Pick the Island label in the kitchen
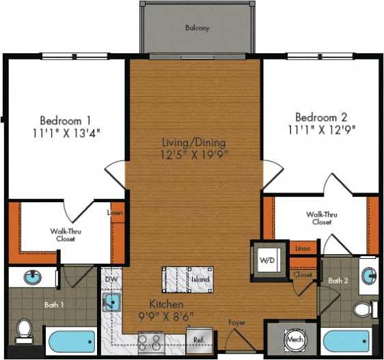point(200,279)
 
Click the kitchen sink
point(111,301)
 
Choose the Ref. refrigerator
point(199,339)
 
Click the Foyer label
point(237,322)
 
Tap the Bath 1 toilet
point(25,329)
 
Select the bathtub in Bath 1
point(71,341)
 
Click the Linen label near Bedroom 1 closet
point(115,212)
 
